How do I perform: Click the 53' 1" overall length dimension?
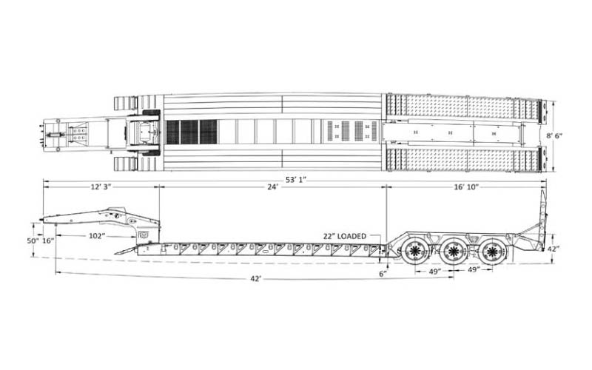295,179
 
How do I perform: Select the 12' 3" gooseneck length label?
101,186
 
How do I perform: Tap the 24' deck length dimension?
272,186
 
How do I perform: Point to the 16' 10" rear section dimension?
466,186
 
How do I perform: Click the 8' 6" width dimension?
555,136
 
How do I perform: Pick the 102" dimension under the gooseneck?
97,236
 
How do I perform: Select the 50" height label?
33,240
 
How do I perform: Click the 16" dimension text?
48,240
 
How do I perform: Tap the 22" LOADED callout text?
345,236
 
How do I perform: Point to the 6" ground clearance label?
383,274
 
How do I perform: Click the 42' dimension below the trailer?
255,279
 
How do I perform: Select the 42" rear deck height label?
554,249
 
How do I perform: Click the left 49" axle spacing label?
435,271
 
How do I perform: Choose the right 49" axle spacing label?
474,269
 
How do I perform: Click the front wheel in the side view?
415,250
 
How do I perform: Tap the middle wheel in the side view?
453,250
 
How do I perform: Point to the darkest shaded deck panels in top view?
192,132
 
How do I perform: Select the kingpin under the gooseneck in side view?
56,225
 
